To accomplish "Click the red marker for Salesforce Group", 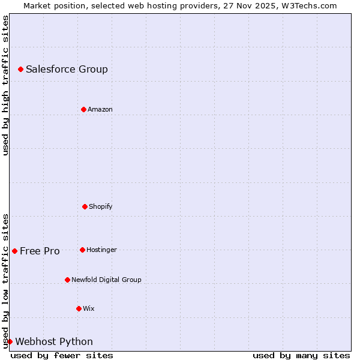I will click(x=20, y=70).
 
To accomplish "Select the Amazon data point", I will click(x=83, y=109).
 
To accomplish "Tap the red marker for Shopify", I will click(x=85, y=206).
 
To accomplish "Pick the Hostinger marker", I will click(x=82, y=250).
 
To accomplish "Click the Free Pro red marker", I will click(x=14, y=251).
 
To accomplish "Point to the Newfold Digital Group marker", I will click(x=67, y=280).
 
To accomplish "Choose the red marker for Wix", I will click(x=79, y=308).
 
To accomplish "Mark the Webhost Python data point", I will click(x=10, y=341).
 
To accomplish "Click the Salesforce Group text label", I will click(x=67, y=69).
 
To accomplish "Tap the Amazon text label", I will click(x=100, y=109).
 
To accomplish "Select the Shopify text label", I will click(x=100, y=206).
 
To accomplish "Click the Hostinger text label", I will click(x=101, y=250).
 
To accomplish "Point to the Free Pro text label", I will click(x=40, y=251).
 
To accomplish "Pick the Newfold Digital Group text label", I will click(x=106, y=280).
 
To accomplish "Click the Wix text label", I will click(x=88, y=308).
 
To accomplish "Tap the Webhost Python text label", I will click(x=54, y=341).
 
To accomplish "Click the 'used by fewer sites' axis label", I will click(x=62, y=355).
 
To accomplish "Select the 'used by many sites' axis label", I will click(x=301, y=355).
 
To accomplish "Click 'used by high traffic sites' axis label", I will click(x=5, y=85).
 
